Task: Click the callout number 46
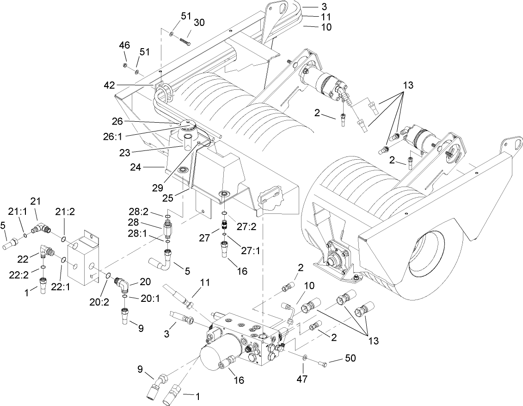[124, 45]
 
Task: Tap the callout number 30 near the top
[199, 22]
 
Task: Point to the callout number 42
[109, 85]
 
